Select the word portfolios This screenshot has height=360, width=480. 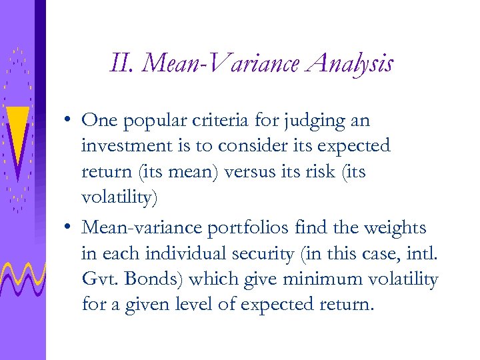[245, 229]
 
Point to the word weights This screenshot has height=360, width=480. [393, 229]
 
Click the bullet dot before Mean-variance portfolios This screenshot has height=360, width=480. [69, 229]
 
